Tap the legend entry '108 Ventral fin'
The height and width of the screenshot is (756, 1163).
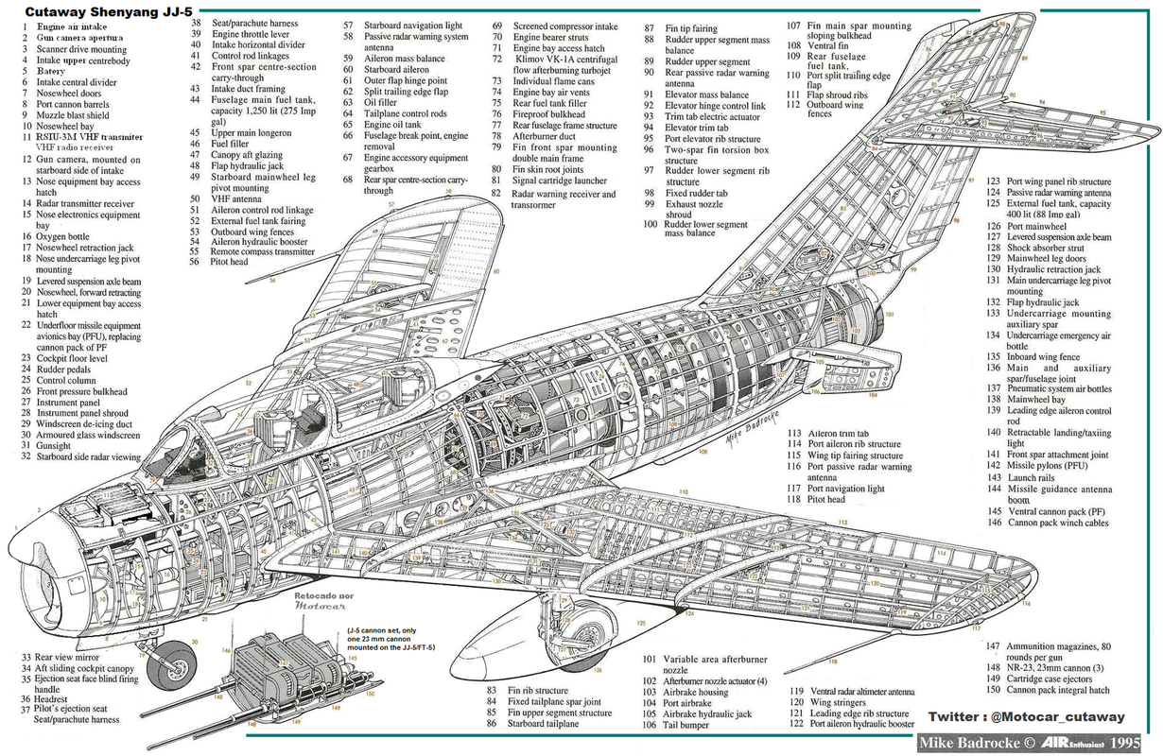tap(829, 44)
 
